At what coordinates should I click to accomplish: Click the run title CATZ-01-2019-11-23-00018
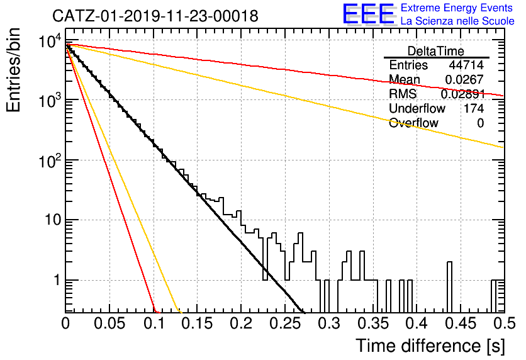click(155, 16)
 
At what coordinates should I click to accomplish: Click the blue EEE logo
click(369, 14)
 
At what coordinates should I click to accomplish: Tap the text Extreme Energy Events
click(457, 8)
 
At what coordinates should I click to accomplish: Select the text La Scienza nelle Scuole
click(457, 21)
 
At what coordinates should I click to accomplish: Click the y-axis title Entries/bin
click(13, 70)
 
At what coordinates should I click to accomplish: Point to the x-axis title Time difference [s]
click(430, 346)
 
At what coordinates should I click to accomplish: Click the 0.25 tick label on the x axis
click(285, 323)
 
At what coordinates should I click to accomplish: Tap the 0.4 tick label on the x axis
click(417, 323)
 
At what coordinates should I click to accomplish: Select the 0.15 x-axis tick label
click(197, 323)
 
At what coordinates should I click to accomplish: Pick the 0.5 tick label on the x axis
click(504, 323)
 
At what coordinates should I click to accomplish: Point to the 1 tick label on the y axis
click(57, 280)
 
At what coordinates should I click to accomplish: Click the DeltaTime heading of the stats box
click(436, 51)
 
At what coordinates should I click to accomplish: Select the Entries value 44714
click(466, 65)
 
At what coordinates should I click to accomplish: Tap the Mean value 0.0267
click(464, 79)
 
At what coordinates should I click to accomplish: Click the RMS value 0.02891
click(462, 94)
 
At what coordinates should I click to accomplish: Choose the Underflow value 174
click(474, 108)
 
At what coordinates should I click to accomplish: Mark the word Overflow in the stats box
click(413, 123)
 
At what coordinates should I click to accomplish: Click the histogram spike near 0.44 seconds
click(449, 287)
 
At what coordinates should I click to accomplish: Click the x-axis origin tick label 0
click(65, 323)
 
